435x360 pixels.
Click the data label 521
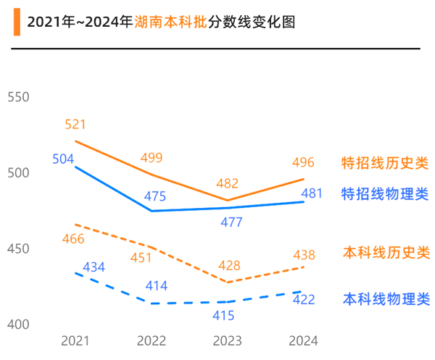pyautogui.click(x=76, y=125)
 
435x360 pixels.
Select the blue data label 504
pyautogui.click(x=63, y=159)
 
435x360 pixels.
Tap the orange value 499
pyautogui.click(x=152, y=158)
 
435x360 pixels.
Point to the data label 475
pyautogui.click(x=155, y=196)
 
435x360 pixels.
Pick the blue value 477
pyautogui.click(x=231, y=222)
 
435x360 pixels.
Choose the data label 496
pyautogui.click(x=303, y=162)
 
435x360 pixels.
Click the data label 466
pyautogui.click(x=73, y=239)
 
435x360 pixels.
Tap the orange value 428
pyautogui.click(x=231, y=265)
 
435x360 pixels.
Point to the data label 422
pyautogui.click(x=303, y=299)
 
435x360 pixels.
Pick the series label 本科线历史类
pyautogui.click(x=386, y=253)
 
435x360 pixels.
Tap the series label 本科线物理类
pyautogui.click(x=386, y=298)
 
